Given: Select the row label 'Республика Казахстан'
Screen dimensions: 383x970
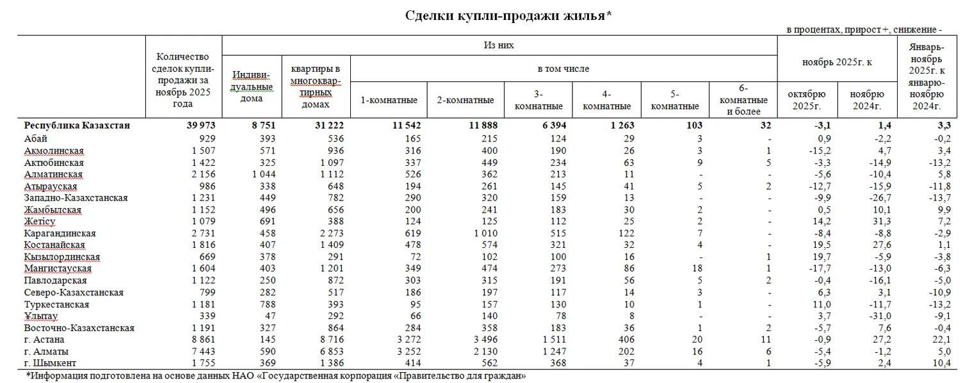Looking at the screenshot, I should [77, 126].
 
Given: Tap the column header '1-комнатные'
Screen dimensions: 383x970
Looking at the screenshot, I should [389, 100].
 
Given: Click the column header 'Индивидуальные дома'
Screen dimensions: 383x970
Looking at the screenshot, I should [250, 86].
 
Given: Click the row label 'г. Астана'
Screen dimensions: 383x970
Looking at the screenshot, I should [45, 339].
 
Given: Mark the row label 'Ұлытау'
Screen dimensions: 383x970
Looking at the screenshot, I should [41, 316].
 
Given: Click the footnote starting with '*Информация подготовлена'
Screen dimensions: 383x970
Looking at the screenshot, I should [276, 375].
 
